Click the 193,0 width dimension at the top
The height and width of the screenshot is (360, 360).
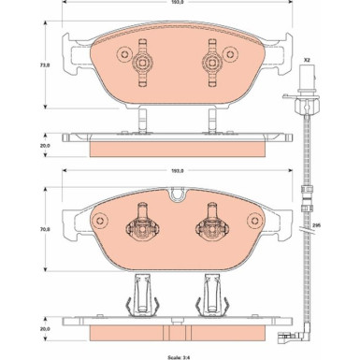175,7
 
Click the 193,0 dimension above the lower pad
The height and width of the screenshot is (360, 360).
175,171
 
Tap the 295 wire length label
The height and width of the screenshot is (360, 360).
316,225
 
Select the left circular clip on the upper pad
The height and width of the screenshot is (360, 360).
143,65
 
